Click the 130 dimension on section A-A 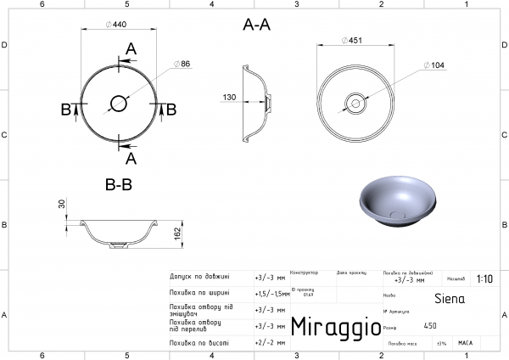click(229, 98)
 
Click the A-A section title click(256, 25)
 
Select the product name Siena click(449, 299)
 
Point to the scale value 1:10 click(485, 278)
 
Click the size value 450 click(430, 325)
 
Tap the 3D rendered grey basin click(394, 201)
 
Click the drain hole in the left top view click(118, 104)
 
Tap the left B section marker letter click(65, 108)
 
